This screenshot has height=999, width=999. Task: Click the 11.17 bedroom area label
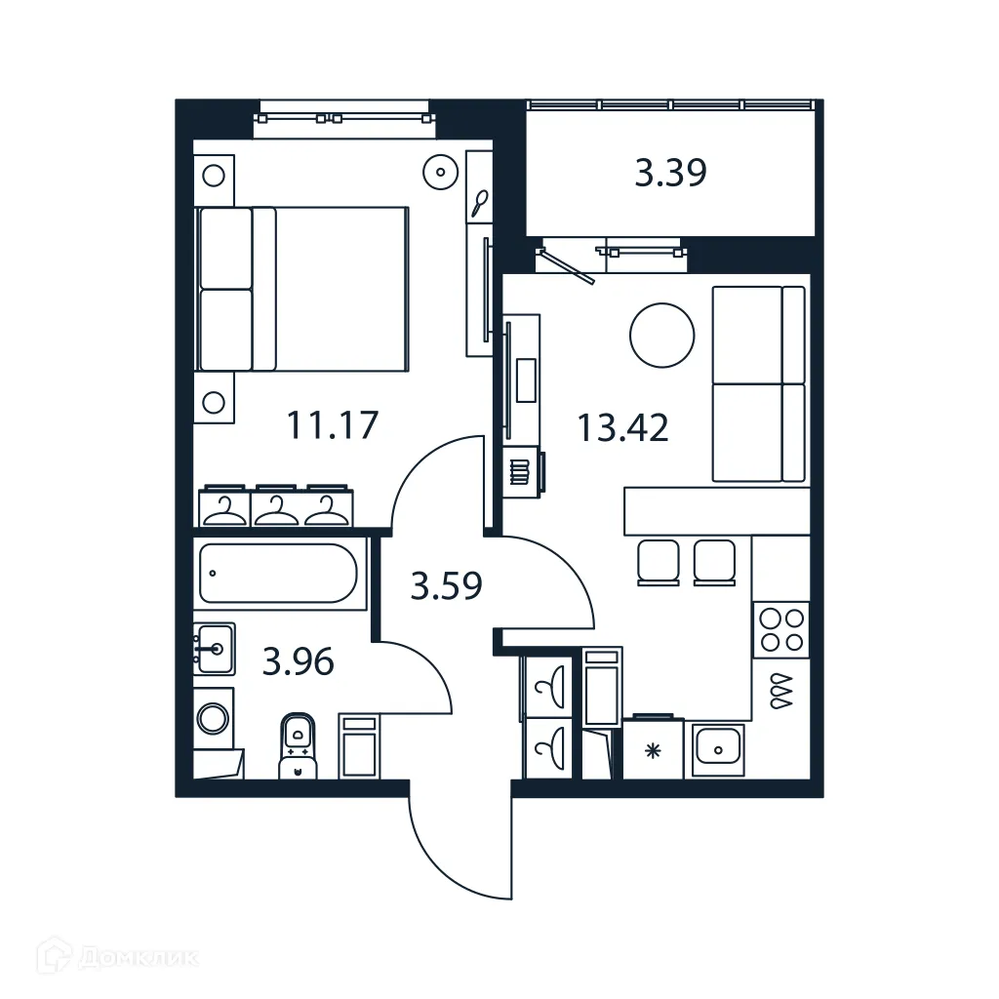[332, 425]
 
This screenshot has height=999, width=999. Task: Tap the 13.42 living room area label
[622, 427]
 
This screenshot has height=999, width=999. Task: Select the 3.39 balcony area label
[670, 174]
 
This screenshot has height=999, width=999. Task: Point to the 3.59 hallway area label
[447, 587]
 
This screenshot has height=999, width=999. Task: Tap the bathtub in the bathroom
[280, 574]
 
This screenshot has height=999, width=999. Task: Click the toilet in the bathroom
[298, 745]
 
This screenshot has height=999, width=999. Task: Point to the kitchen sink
[718, 749]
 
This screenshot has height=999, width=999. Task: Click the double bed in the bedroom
[302, 289]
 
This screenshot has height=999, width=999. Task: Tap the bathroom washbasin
[214, 647]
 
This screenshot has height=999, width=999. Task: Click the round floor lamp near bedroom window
[441, 173]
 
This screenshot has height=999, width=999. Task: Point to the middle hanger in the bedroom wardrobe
[277, 508]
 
